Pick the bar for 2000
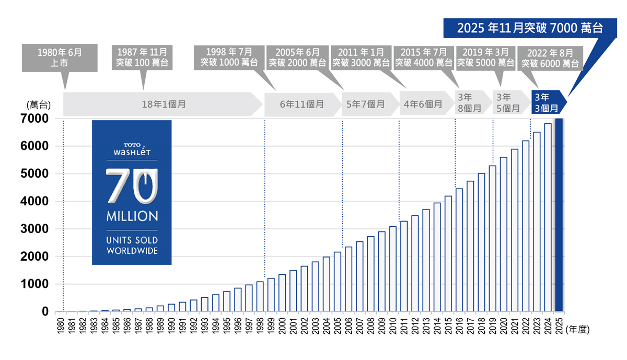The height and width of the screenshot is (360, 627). coord(282,293)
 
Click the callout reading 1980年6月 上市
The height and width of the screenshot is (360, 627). coord(60,57)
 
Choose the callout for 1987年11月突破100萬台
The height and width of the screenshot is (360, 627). coord(142,57)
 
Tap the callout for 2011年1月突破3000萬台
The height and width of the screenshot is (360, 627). coord(361,57)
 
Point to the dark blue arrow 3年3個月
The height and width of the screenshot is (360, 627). coord(547,103)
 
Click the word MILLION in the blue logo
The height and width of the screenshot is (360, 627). coord(132,216)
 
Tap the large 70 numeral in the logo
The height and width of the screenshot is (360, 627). coord(132,185)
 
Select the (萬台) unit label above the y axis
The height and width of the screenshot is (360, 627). coord(38,104)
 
